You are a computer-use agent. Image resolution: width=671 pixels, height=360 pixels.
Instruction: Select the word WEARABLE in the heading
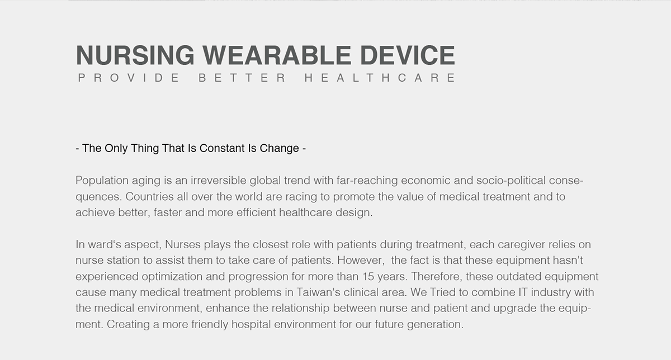point(276,55)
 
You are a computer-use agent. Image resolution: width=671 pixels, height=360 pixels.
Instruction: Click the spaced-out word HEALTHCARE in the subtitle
point(380,78)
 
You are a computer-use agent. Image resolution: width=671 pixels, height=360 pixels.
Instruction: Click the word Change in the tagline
point(280,149)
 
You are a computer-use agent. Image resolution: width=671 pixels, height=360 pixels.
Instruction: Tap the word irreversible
point(216,181)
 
